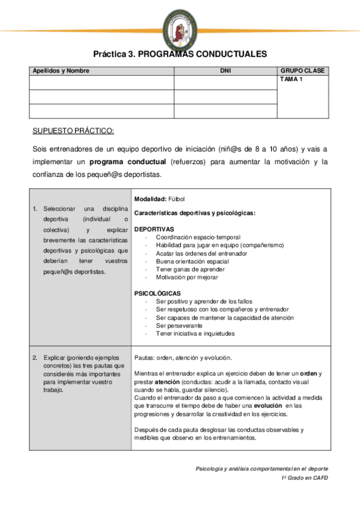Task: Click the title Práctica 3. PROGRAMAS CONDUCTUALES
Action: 180,54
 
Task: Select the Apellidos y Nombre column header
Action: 60,71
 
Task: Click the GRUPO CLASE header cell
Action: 302,71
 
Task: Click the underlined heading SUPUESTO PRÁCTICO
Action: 73,131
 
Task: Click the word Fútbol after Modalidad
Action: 177,198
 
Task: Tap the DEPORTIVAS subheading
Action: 154,229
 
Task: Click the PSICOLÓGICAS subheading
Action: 157,293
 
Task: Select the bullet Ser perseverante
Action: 180,325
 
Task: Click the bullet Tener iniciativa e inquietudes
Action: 195,333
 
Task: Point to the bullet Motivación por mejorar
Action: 187,277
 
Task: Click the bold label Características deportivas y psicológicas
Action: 195,213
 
